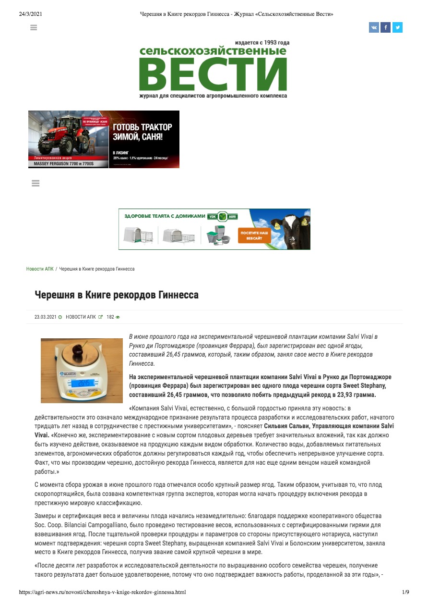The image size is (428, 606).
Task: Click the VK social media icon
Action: coord(374,28)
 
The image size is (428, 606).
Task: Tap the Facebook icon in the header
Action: coord(385,28)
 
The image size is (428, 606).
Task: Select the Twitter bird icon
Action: coord(397,28)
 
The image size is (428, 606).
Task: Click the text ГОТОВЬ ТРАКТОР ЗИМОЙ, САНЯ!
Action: coord(142,131)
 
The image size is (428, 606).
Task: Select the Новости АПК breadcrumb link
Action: coord(40,269)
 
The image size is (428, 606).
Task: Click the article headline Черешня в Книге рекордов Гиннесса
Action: coord(117,295)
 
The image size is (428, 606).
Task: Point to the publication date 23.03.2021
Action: coord(46,317)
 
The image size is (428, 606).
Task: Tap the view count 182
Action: coord(110,317)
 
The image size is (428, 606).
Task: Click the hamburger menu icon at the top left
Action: coord(34,28)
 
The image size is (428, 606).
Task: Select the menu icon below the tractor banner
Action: coord(35,183)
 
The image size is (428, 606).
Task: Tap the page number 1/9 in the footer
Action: coord(405,593)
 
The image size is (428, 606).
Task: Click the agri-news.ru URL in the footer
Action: coord(102,593)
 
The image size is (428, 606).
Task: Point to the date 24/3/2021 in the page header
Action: coord(31,14)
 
